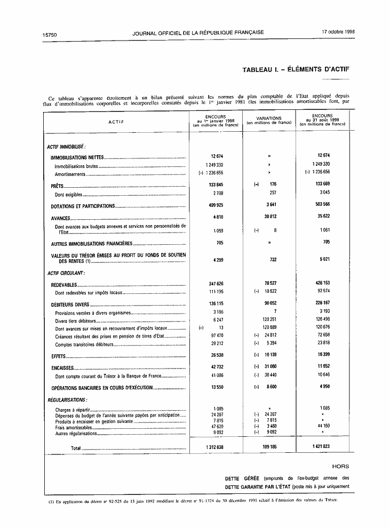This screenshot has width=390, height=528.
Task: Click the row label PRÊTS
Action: coord(57,186)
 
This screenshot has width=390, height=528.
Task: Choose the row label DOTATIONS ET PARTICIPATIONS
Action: coord(83,206)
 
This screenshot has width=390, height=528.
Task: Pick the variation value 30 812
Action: coord(269,218)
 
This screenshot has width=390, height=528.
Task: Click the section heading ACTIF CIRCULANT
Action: coord(66,273)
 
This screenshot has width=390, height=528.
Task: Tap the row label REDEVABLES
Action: coord(64,285)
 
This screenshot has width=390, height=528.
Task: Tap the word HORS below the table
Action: coord(340,466)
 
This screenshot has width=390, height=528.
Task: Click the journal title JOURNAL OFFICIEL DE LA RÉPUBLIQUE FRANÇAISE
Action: coord(198,33)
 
